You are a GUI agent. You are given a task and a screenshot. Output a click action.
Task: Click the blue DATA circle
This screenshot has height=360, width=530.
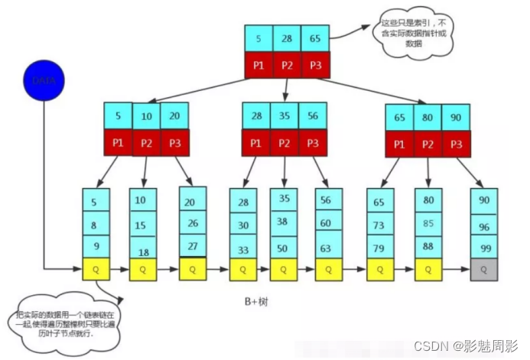click(44, 79)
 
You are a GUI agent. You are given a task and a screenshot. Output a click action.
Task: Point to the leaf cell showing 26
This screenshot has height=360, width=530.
click(192, 224)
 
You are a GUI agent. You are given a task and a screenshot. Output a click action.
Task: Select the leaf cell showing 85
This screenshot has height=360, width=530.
click(429, 224)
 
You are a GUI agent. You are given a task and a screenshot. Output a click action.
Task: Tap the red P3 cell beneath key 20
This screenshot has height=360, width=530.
click(174, 142)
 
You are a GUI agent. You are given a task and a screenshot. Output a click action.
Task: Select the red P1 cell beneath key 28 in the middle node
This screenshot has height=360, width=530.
click(256, 142)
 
